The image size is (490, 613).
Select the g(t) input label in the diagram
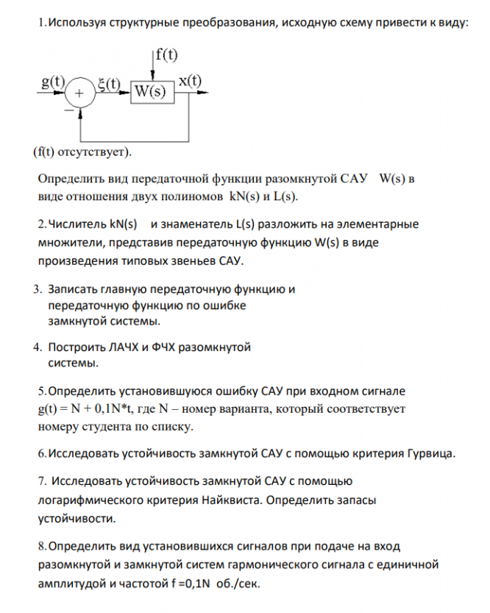(x=52, y=82)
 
